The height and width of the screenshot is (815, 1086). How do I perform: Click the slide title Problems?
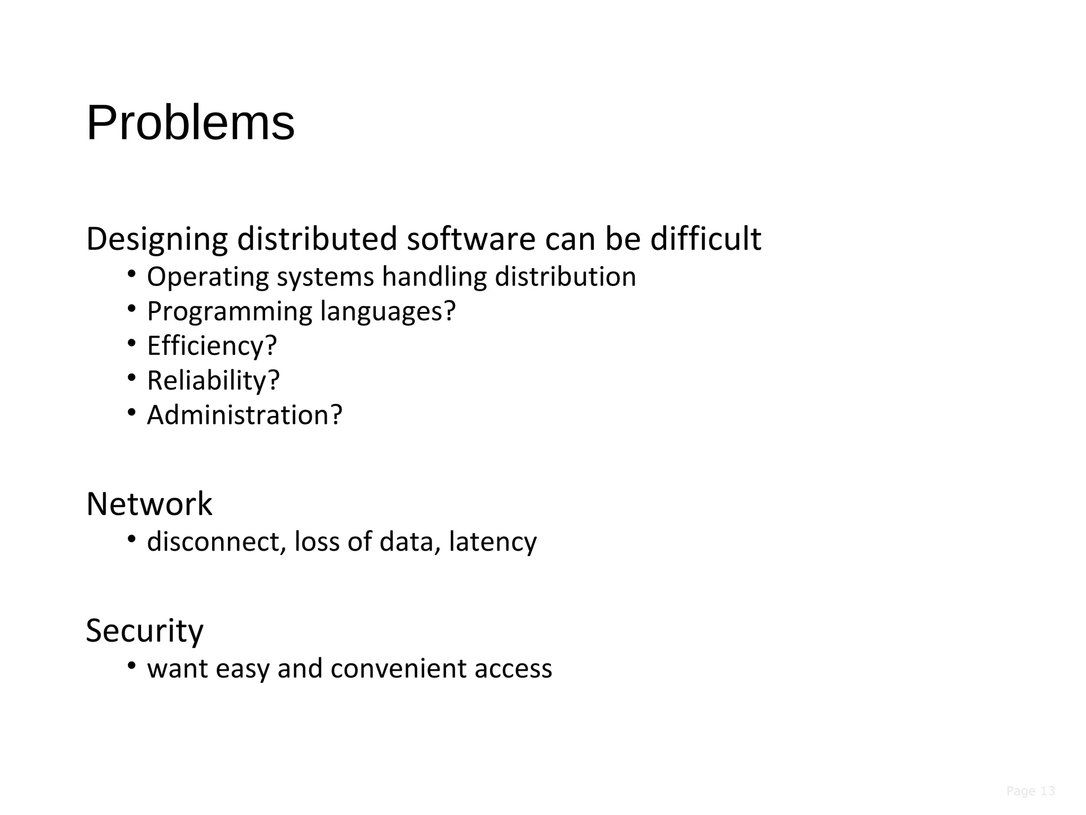pos(190,123)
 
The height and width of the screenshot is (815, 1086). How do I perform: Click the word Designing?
pos(157,239)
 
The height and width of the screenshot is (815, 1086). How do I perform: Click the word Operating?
pos(208,278)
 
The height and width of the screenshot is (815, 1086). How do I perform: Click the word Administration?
pos(238,415)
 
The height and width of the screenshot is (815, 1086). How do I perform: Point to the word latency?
pos(493,542)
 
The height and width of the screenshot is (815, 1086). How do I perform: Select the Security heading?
pos(145,631)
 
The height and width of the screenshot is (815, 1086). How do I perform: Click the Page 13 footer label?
pos(1030,791)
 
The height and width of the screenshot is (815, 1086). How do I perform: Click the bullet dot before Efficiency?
pos(132,343)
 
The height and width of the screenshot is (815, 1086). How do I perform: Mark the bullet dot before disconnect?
pos(132,539)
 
